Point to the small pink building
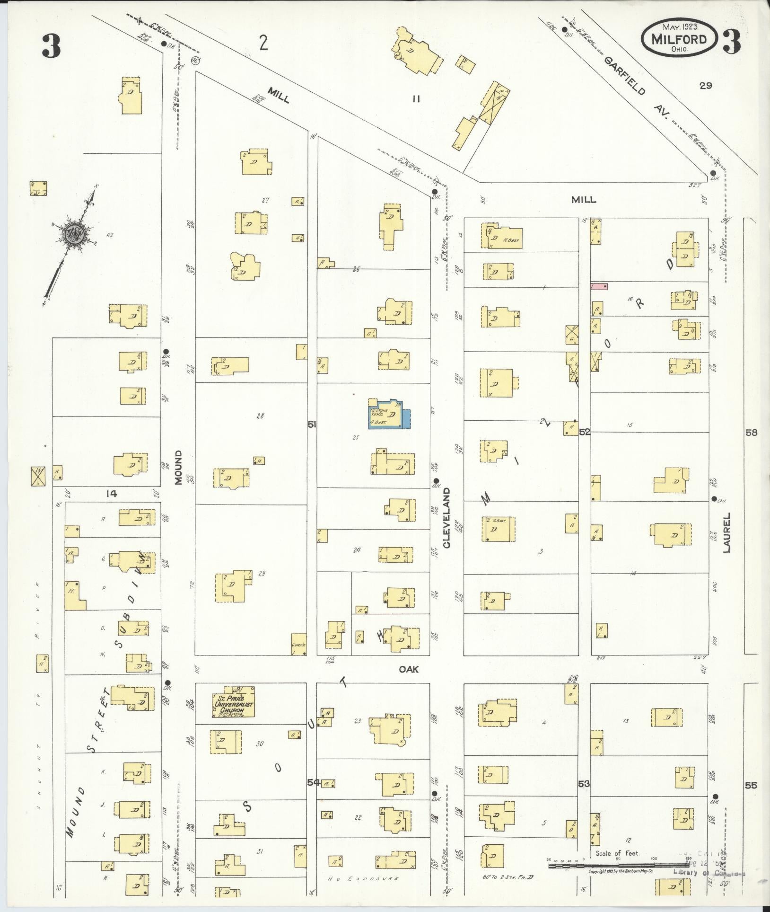click(599, 286)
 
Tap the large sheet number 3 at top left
click(51, 47)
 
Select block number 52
click(585, 432)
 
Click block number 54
click(314, 782)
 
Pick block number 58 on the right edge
click(751, 432)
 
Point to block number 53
click(584, 784)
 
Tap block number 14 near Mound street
click(112, 494)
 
